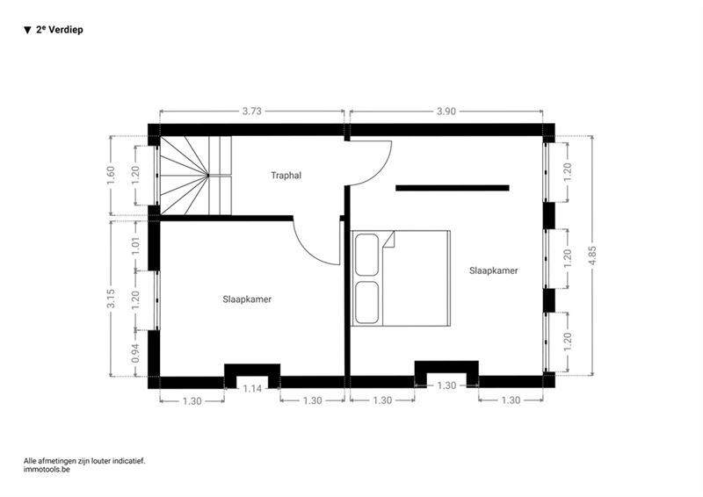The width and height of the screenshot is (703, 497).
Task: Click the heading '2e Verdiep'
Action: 59,30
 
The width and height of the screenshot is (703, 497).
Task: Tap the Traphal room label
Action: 286,176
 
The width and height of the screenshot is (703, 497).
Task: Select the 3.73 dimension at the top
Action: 252,112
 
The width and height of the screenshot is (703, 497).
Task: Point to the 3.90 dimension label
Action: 446,112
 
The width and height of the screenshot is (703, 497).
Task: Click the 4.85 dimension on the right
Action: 592,256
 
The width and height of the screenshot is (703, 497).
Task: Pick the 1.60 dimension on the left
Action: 111,176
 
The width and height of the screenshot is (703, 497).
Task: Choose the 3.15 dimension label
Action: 111,299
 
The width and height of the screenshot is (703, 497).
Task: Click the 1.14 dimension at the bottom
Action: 252,388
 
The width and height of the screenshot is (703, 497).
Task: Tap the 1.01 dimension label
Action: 136,246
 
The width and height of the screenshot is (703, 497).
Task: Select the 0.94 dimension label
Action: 136,353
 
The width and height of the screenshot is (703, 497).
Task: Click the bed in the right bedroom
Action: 401,278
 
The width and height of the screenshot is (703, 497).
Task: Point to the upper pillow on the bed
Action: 366,255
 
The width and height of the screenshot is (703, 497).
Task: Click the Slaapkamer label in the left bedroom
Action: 247,299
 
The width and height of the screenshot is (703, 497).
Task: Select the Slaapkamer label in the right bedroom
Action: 493,270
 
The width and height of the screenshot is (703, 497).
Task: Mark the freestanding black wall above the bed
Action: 452,188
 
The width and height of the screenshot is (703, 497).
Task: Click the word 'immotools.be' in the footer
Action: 47,470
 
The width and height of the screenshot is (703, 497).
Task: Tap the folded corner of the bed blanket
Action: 388,239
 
